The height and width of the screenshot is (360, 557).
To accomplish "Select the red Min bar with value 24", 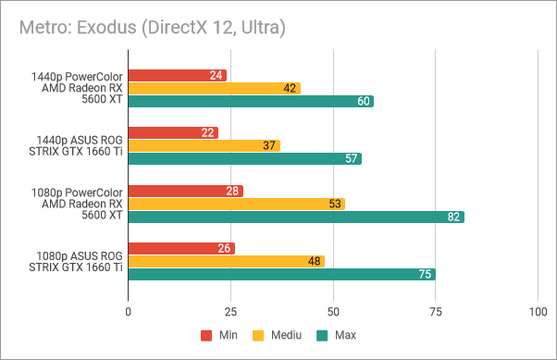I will (177, 75).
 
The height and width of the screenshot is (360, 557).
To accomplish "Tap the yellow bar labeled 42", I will (214, 88).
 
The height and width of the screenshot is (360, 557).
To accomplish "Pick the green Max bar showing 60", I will (251, 101).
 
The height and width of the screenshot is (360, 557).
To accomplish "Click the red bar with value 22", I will (173, 132).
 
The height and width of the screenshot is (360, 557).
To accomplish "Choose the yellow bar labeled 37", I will (204, 145).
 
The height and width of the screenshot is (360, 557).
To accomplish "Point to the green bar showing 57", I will (244, 158).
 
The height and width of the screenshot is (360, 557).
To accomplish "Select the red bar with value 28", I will (185, 191).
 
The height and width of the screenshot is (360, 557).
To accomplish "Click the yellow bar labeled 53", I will (236, 204).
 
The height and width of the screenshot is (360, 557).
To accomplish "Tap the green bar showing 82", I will (295, 217).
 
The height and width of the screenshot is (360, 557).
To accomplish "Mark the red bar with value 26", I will (181, 248).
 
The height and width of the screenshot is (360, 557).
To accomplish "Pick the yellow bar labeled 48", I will (226, 261).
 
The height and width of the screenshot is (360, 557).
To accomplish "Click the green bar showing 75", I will (281, 274).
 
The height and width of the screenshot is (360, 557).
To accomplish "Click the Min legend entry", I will (217, 335).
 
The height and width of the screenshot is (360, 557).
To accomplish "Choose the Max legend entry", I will (336, 335).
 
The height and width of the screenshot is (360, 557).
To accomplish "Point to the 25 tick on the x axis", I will (230, 313).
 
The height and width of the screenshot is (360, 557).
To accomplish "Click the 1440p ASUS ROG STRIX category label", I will (79, 145).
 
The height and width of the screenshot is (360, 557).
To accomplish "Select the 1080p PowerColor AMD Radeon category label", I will (79, 204).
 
